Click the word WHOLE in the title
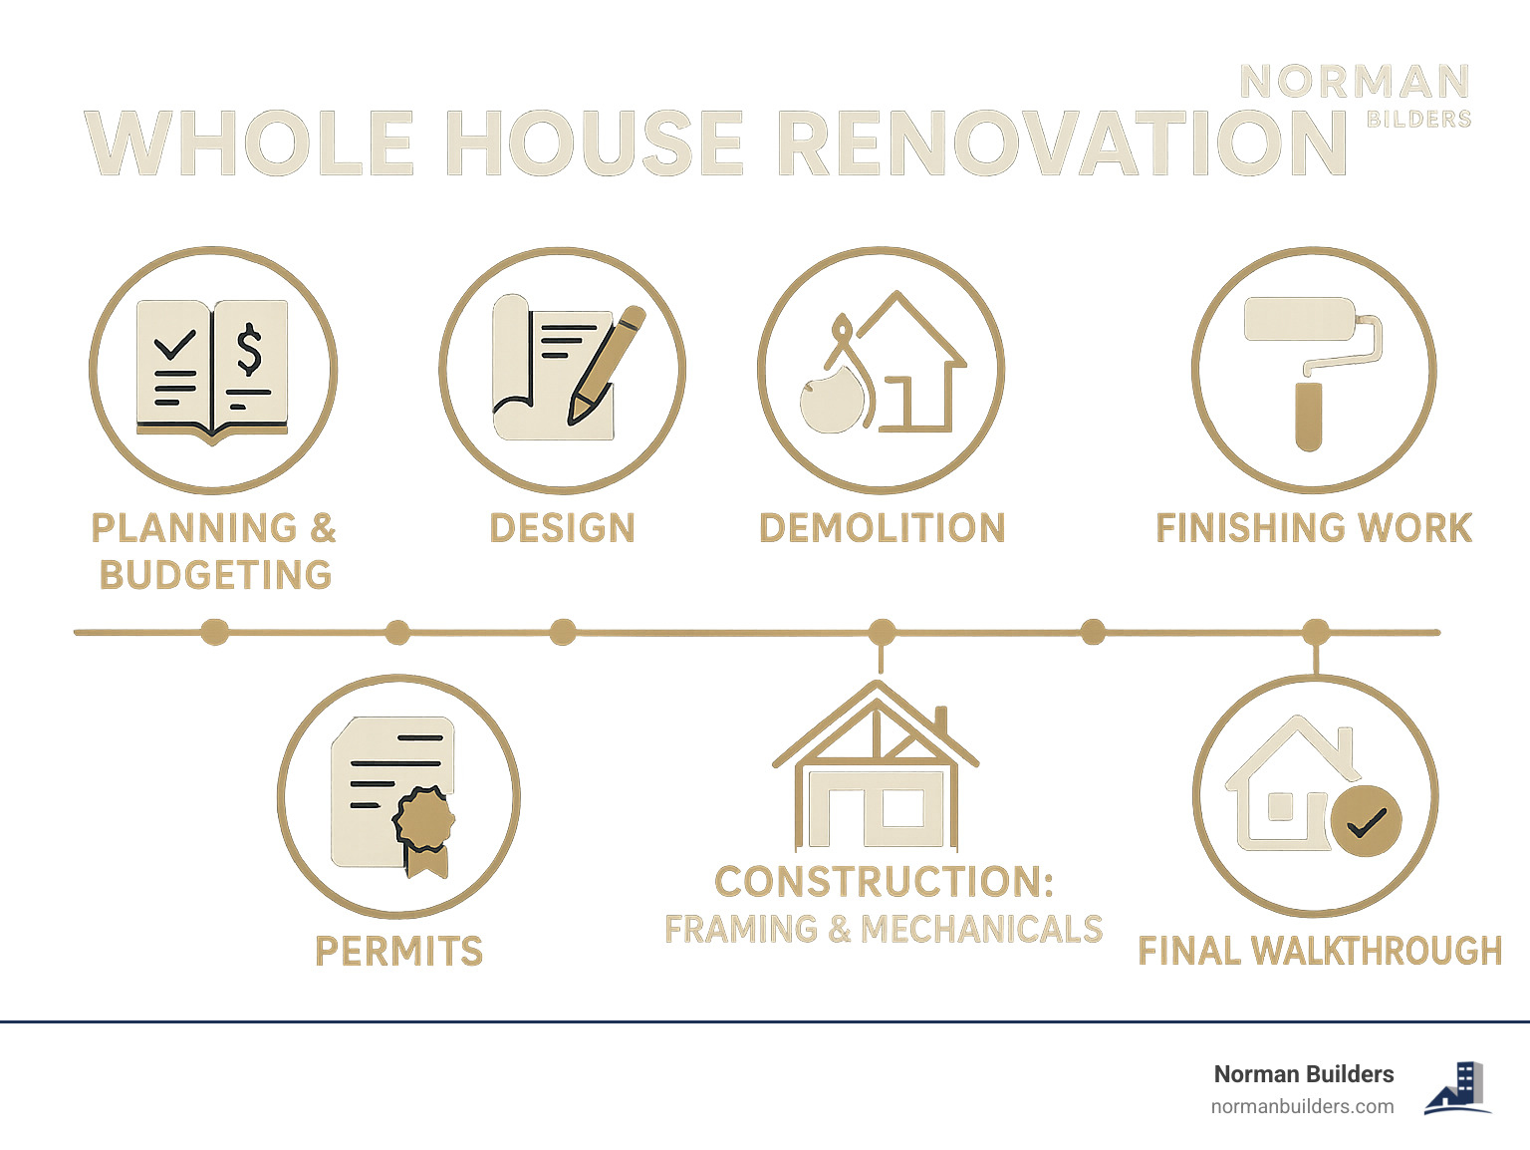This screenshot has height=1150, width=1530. click(249, 144)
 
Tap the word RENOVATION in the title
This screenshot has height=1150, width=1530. click(1062, 144)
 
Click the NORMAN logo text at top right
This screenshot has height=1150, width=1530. click(1355, 83)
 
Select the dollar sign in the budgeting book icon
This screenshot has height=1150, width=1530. click(249, 350)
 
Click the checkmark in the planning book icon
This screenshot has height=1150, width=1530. click(174, 345)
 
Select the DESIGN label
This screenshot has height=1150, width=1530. click(562, 528)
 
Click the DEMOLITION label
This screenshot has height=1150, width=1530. click(882, 528)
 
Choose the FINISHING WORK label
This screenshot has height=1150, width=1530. click(1313, 528)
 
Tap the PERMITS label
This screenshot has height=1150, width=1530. click(398, 952)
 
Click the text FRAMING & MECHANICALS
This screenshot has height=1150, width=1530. click(883, 930)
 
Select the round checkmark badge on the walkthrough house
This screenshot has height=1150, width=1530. click(1366, 821)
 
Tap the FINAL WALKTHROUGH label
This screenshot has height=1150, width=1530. click(1319, 952)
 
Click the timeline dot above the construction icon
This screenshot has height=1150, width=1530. click(881, 632)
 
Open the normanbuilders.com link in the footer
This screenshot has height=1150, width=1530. click(1302, 1106)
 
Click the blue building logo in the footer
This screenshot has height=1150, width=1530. click(1458, 1088)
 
